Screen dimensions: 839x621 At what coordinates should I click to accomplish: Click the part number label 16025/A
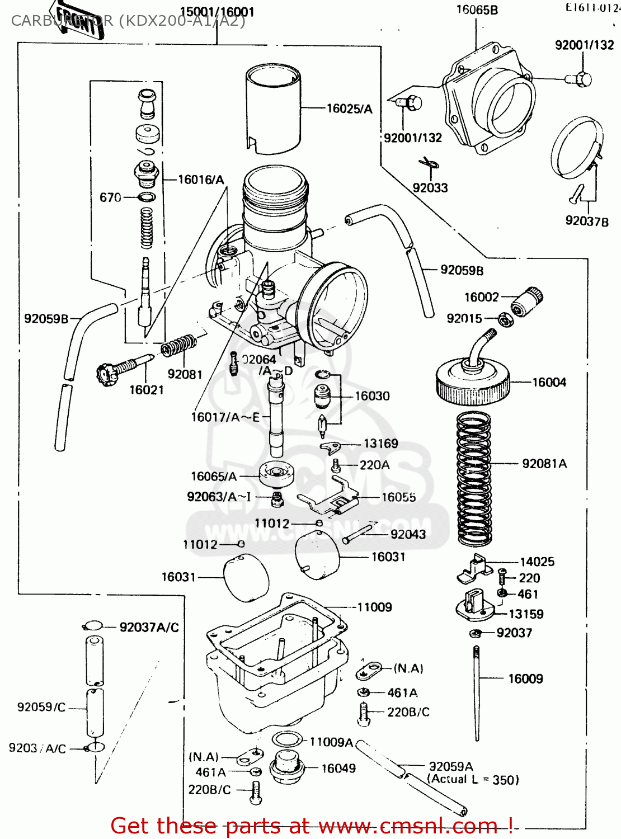[x=349, y=109]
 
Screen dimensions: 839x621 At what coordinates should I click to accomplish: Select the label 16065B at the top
[x=477, y=10]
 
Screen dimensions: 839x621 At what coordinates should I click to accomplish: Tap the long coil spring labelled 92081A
[x=474, y=478]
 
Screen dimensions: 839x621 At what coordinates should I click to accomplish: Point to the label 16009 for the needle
[x=525, y=679]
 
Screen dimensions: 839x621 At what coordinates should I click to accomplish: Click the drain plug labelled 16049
[x=286, y=767]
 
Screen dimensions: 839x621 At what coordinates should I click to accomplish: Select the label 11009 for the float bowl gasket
[x=374, y=607]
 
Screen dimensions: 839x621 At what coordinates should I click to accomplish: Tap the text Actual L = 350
[x=473, y=780]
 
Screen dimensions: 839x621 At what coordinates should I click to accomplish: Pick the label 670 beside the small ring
[x=110, y=197]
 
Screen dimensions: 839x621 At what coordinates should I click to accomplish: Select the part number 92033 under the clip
[x=430, y=188]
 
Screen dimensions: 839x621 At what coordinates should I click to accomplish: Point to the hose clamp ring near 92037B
[x=576, y=148]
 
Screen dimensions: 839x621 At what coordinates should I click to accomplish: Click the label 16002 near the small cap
[x=481, y=297]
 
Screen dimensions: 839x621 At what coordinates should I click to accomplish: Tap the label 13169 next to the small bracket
[x=380, y=444]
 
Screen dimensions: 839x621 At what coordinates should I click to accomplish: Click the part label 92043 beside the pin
[x=408, y=534]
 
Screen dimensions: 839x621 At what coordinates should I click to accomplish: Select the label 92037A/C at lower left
[x=149, y=628]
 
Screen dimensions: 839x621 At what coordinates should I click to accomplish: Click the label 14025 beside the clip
[x=537, y=562]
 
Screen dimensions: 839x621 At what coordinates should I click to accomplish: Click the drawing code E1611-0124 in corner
[x=592, y=8]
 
